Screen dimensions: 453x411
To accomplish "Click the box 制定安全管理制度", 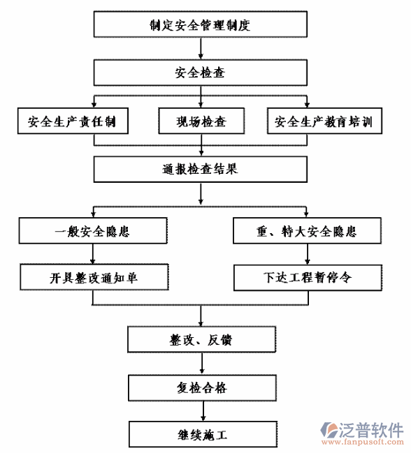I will tap(201, 25).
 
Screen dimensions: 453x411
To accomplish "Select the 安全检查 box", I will tap(201, 72).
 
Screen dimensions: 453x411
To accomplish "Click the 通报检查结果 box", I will tap(201, 168).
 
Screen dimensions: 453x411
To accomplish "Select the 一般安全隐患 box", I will tap(93, 230).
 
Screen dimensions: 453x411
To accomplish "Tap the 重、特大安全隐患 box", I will tap(308, 230).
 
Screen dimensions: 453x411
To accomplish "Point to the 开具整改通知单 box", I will tap(93, 277).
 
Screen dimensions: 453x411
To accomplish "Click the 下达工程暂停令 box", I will tap(308, 277).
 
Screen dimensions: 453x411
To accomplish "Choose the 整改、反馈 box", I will tap(201, 340).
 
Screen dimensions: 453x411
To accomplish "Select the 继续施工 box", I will tap(201, 434).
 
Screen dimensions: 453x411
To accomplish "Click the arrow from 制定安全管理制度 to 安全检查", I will tap(201, 49).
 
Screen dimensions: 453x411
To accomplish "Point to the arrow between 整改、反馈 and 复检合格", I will tap(201, 364).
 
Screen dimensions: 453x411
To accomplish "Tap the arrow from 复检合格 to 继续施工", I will tap(201, 411).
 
